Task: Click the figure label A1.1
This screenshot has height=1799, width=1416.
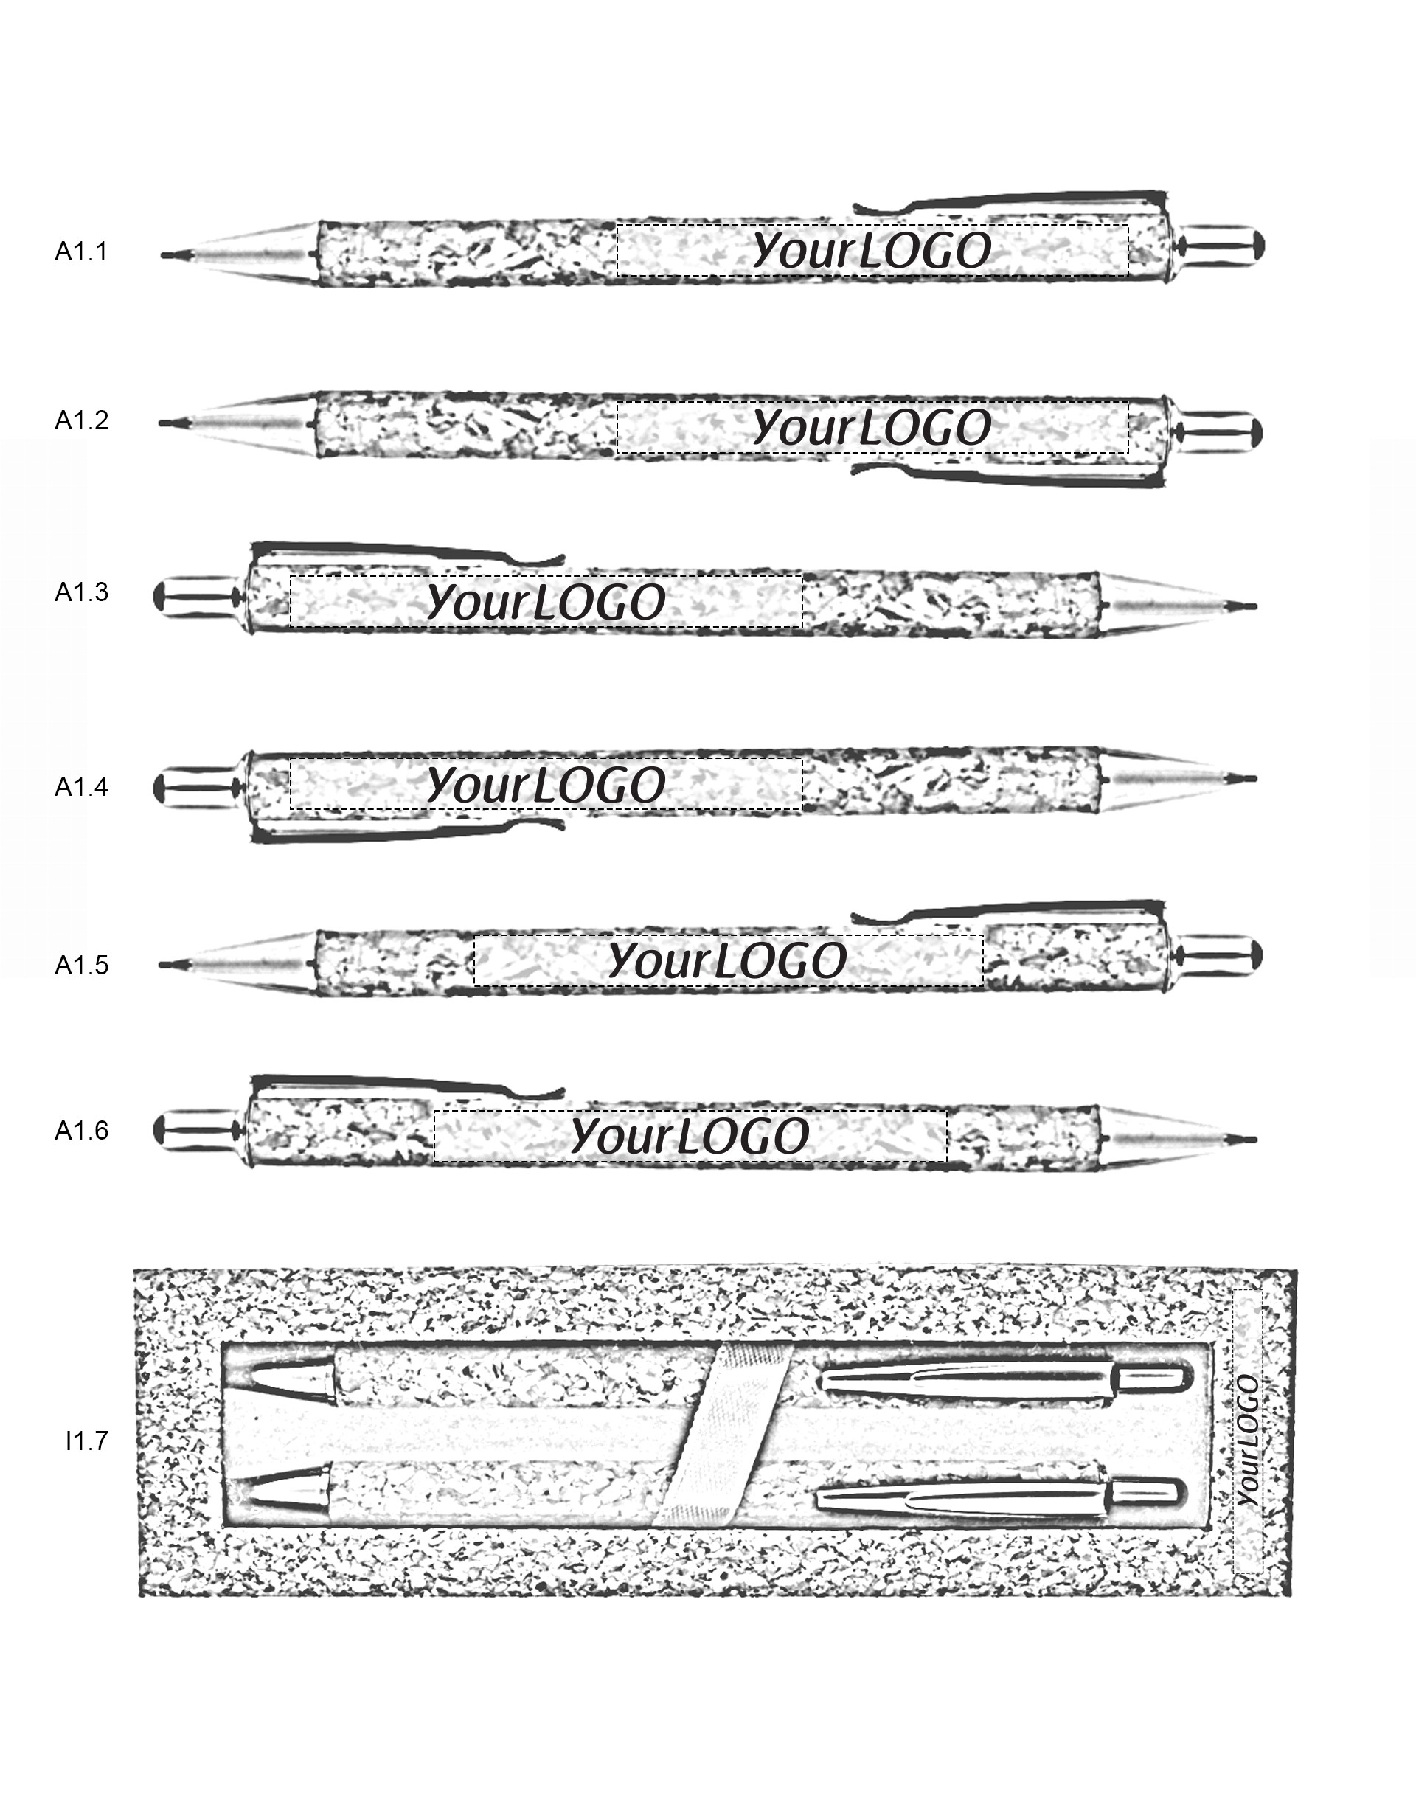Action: coord(81,252)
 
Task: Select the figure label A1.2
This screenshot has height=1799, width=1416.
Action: coord(81,421)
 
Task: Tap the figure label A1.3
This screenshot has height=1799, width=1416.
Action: coord(81,592)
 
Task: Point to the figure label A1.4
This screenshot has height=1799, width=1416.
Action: coord(81,786)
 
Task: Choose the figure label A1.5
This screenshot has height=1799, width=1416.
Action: coord(81,965)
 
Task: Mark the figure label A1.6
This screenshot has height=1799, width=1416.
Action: coord(81,1130)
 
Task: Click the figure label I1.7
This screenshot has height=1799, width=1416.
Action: coord(86,1441)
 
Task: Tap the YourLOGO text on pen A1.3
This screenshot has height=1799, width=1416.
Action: coord(546,602)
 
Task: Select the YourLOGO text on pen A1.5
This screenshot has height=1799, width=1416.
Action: coord(727,961)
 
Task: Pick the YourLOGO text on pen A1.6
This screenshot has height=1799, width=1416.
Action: coord(690,1136)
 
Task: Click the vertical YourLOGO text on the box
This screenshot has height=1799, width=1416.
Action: coord(1248,1440)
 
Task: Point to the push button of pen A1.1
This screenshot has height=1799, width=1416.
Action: coord(1223,246)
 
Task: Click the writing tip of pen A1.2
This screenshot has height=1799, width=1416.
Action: coord(170,423)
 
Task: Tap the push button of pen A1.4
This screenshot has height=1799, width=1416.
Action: coord(195,787)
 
